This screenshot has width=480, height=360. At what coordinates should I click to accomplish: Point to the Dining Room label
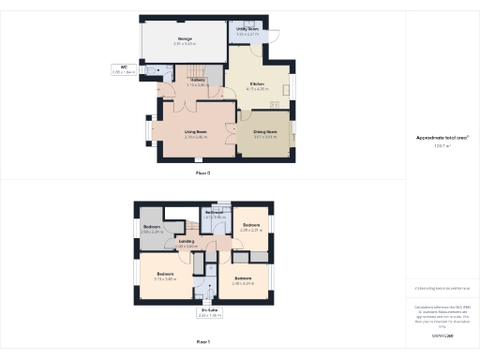coord(265,134)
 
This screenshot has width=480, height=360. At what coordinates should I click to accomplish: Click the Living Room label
coord(195,134)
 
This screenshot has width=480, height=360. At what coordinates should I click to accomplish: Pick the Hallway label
coord(198,82)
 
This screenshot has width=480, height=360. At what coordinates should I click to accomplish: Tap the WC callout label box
coord(123,68)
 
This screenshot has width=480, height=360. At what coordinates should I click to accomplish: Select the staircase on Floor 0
coord(193,71)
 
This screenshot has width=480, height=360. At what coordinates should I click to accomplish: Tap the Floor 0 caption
coord(202,173)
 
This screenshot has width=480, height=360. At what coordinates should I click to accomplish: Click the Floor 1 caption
coord(202,342)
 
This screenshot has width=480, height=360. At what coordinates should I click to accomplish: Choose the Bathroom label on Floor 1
coord(215,215)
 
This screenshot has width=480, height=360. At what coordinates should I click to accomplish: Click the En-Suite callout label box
coord(203,313)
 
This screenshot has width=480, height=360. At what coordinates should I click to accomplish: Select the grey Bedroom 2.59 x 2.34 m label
coord(152,230)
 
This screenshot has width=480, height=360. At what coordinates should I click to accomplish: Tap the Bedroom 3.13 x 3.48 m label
coord(165,276)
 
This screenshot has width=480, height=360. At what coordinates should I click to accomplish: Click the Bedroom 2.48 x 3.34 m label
coord(243,279)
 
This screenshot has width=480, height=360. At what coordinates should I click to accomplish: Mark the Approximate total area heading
coord(442,138)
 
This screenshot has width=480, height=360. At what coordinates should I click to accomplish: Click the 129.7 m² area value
coord(442,146)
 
